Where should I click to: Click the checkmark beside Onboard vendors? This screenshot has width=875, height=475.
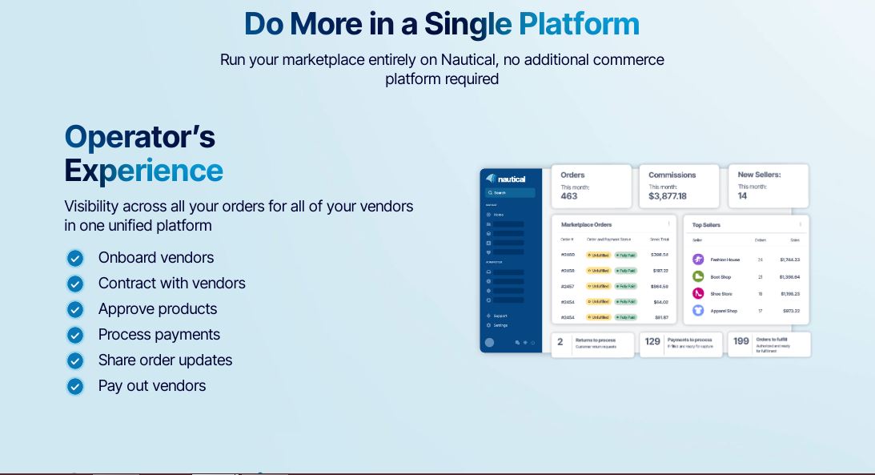(x=75, y=258)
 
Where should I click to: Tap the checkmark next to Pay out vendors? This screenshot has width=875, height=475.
(x=75, y=386)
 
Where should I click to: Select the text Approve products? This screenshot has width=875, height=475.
(x=158, y=309)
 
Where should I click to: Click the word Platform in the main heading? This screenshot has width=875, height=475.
(x=579, y=24)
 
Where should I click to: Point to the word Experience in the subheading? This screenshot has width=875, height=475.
(x=144, y=171)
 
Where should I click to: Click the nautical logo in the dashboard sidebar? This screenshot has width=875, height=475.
(x=506, y=179)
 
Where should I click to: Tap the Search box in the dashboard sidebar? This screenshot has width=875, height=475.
(x=510, y=193)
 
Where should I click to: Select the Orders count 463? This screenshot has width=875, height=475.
(x=569, y=196)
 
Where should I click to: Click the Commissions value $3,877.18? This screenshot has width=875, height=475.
(x=667, y=196)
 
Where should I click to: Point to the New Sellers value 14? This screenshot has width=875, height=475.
(x=742, y=196)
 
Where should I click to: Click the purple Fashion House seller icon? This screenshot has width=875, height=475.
(x=698, y=260)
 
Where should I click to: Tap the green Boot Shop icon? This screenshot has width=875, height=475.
(x=698, y=276)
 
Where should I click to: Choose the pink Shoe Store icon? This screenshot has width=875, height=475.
(x=698, y=293)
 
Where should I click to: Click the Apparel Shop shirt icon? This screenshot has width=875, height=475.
(x=698, y=310)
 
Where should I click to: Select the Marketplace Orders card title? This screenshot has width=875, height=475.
(x=586, y=224)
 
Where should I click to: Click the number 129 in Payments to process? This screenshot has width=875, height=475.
(x=652, y=341)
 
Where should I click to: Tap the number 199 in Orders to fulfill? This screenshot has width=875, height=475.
(x=741, y=340)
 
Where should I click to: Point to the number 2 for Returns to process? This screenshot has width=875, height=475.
(x=560, y=341)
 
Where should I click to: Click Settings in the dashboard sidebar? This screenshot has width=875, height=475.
(x=500, y=325)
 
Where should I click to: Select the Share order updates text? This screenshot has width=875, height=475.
(x=165, y=360)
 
